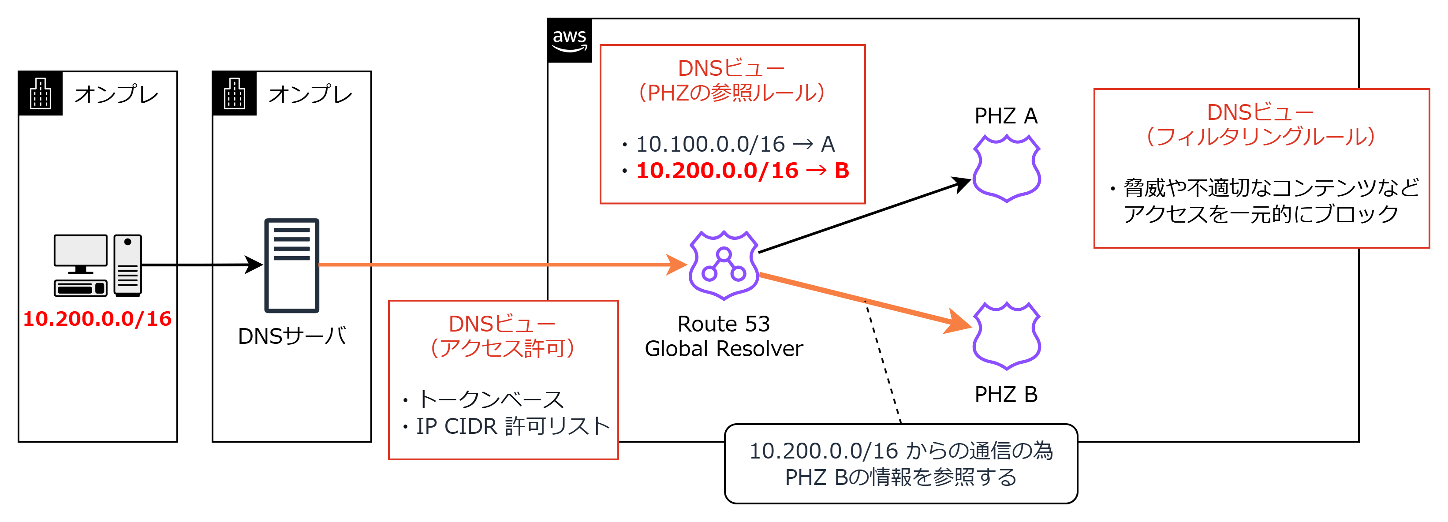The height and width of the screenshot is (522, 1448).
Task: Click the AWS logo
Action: tap(569, 41)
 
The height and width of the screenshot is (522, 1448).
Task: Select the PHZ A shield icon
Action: tap(1006, 168)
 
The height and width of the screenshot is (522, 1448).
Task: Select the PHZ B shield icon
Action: tap(1006, 336)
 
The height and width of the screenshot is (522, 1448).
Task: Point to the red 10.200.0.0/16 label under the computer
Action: tap(97, 319)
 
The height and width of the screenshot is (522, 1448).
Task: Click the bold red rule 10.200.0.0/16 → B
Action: tap(742, 171)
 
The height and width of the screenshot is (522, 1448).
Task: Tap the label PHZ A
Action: tap(1006, 116)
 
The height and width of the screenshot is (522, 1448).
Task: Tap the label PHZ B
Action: tap(1006, 395)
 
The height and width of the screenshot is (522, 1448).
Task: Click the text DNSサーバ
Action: tap(292, 336)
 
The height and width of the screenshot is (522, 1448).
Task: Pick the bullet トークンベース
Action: tap(489, 399)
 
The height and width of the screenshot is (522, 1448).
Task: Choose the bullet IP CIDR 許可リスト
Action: tap(512, 426)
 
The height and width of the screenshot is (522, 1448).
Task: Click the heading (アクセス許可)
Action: tap(502, 348)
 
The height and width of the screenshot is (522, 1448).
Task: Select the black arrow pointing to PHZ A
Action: tap(860, 217)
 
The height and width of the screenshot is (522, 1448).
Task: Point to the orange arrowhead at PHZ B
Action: tap(959, 322)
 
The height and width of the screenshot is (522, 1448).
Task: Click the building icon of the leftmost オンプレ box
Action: tap(41, 94)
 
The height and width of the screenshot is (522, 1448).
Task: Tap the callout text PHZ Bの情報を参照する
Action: tap(900, 477)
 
